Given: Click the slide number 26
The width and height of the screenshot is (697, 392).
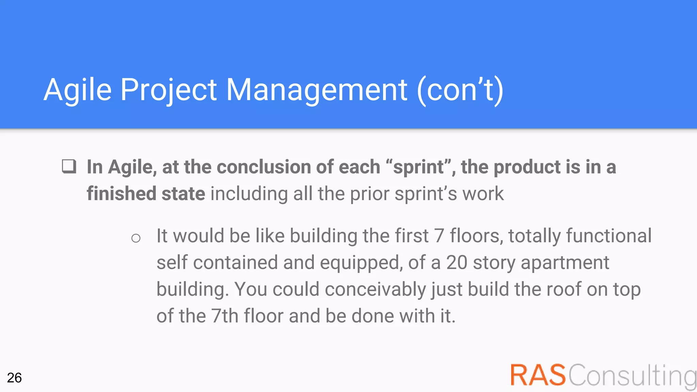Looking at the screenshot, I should tap(14, 378).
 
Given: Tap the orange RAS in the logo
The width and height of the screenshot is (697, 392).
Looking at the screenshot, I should tap(538, 375).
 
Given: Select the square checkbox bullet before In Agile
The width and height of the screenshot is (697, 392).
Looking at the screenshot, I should tap(69, 167).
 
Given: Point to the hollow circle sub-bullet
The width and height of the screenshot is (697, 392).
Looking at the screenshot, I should tap(136, 238).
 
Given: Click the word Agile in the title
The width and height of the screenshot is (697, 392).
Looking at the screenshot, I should tap(78, 90).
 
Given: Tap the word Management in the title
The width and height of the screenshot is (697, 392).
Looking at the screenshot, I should tap(317, 90).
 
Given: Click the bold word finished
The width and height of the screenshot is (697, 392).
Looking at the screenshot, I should tap(121, 194).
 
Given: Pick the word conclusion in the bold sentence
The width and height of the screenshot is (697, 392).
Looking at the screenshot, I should tap(264, 167).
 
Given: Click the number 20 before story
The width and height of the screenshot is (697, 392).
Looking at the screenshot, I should tap(456, 263).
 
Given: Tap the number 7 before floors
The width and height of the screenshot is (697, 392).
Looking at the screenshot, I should tap(439, 236).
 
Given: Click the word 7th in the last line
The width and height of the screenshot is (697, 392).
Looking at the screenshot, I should tap(225, 316).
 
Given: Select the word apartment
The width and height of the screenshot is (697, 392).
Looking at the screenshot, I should tap(565, 263).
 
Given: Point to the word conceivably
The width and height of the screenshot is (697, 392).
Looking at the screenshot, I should tap(375, 290).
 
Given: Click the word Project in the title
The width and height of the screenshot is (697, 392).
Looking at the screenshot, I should tap(168, 90).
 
